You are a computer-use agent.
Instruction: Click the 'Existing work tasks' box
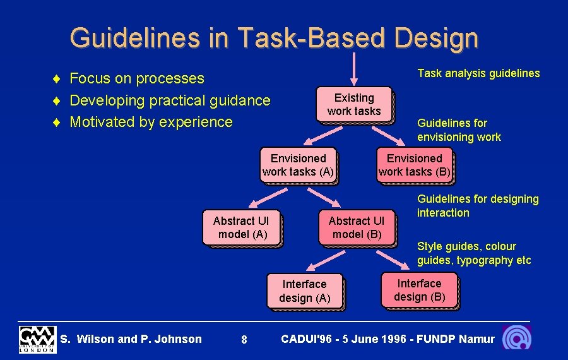click(x=354, y=105)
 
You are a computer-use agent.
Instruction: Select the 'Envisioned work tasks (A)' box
click(x=298, y=165)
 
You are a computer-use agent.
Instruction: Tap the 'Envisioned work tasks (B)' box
click(x=415, y=165)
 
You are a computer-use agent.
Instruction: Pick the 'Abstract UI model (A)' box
click(x=241, y=227)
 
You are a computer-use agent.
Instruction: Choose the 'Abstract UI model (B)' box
click(x=357, y=227)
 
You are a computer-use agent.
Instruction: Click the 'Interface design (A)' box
click(x=304, y=291)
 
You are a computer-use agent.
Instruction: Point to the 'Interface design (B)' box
click(x=420, y=290)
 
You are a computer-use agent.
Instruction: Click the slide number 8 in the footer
click(x=244, y=340)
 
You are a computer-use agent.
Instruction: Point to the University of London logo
click(x=37, y=339)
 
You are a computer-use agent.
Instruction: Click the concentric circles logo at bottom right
click(x=516, y=338)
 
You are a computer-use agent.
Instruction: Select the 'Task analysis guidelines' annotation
click(x=478, y=73)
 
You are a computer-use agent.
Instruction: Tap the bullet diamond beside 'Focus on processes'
click(x=57, y=79)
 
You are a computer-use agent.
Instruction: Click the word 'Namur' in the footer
click(x=477, y=339)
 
